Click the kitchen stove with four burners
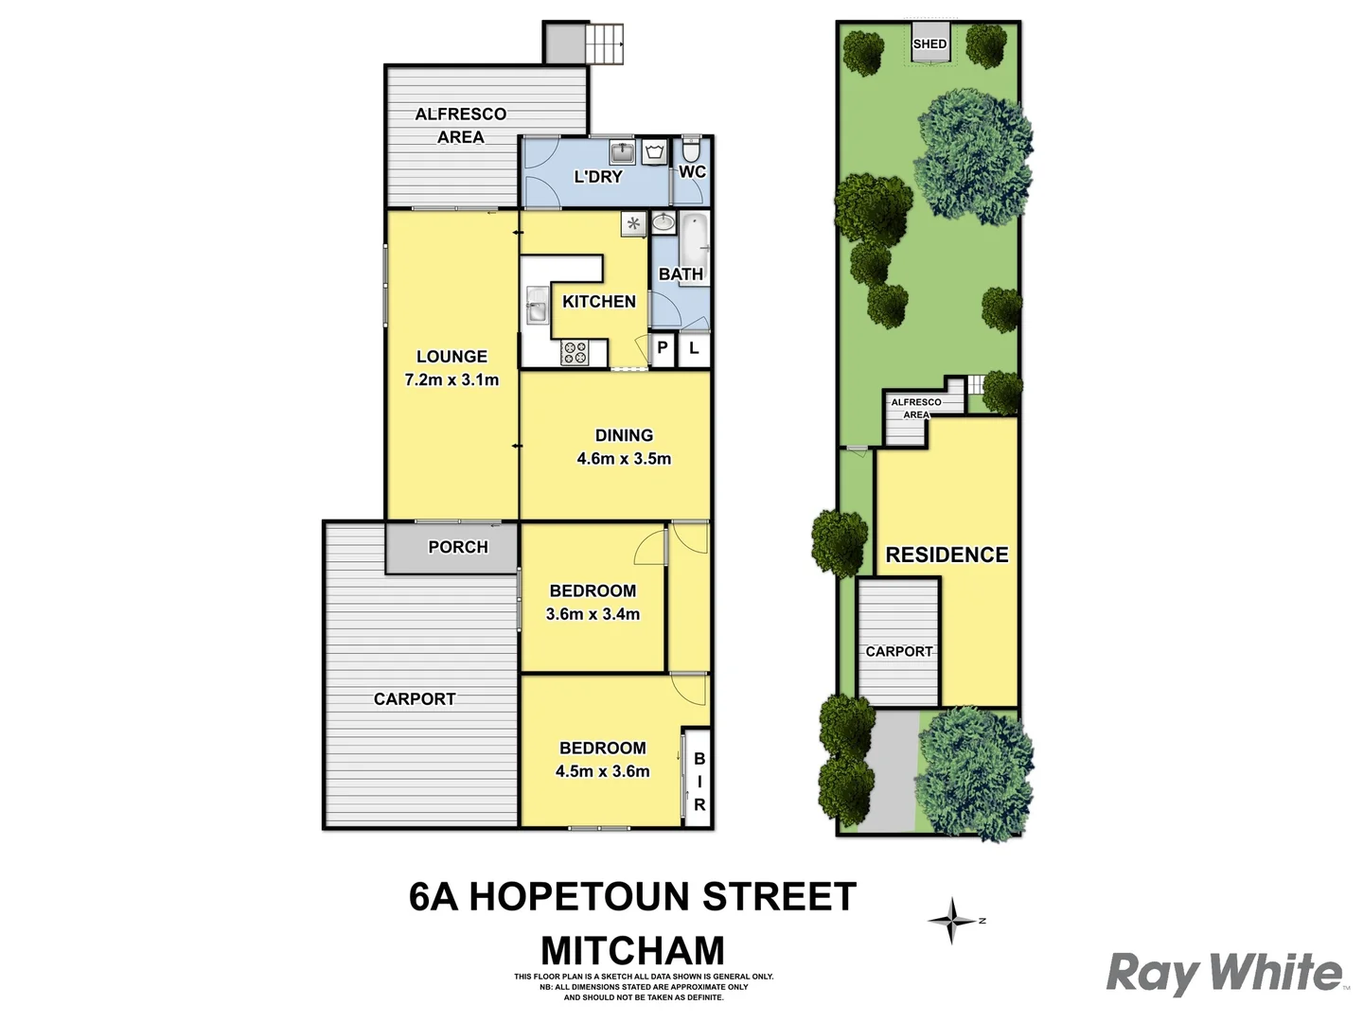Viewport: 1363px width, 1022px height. [x=575, y=353]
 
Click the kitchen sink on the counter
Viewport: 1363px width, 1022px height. [x=536, y=309]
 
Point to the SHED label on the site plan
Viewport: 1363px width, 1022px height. [x=929, y=44]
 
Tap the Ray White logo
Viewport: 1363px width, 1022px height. [x=1225, y=973]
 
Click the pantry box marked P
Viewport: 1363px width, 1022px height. [x=663, y=348]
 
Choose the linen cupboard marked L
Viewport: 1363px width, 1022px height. [x=694, y=348]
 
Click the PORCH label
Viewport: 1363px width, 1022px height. [x=458, y=547]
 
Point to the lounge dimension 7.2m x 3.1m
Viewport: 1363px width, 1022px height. [x=451, y=379]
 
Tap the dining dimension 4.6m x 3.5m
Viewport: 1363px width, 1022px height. [x=624, y=459]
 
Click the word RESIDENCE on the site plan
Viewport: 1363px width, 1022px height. [x=947, y=555]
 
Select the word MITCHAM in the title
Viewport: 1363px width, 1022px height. [x=632, y=950]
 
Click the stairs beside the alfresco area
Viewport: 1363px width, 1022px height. [x=606, y=44]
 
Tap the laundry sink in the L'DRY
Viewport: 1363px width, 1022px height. [x=622, y=151]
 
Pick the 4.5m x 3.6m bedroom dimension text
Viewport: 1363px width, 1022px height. [x=602, y=771]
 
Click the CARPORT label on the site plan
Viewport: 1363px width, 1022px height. [x=898, y=651]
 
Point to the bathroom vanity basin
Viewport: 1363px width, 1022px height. [x=664, y=223]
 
